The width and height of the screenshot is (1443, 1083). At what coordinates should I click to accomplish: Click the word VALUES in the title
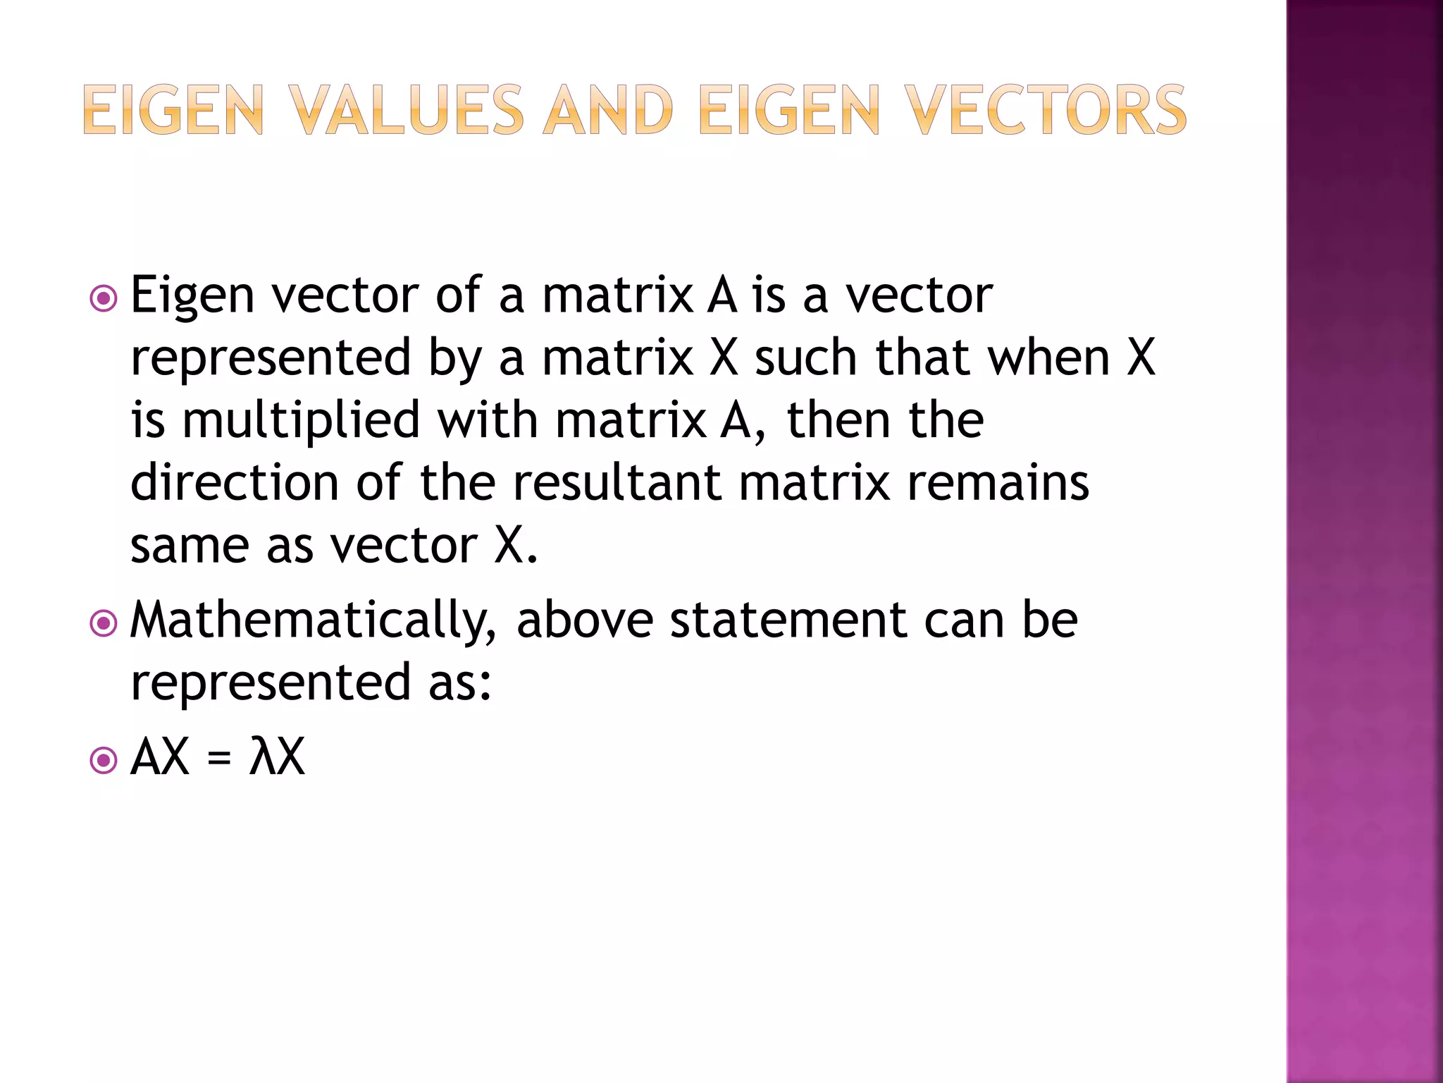tap(407, 110)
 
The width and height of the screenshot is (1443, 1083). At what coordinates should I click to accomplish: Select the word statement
tap(788, 620)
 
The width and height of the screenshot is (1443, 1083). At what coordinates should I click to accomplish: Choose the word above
tap(585, 620)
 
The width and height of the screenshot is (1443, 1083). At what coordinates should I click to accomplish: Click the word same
tap(190, 546)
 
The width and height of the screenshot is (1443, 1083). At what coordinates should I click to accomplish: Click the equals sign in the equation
tap(219, 759)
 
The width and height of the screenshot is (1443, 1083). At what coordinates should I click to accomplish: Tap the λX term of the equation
tap(277, 757)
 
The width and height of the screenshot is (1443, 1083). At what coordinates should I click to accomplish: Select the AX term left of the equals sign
tap(161, 757)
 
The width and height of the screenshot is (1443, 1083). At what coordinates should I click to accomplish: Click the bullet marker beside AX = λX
tap(104, 760)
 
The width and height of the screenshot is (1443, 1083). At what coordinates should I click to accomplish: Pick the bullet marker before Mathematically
tap(104, 623)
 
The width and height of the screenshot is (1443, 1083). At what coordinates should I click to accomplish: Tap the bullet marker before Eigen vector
tap(104, 298)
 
